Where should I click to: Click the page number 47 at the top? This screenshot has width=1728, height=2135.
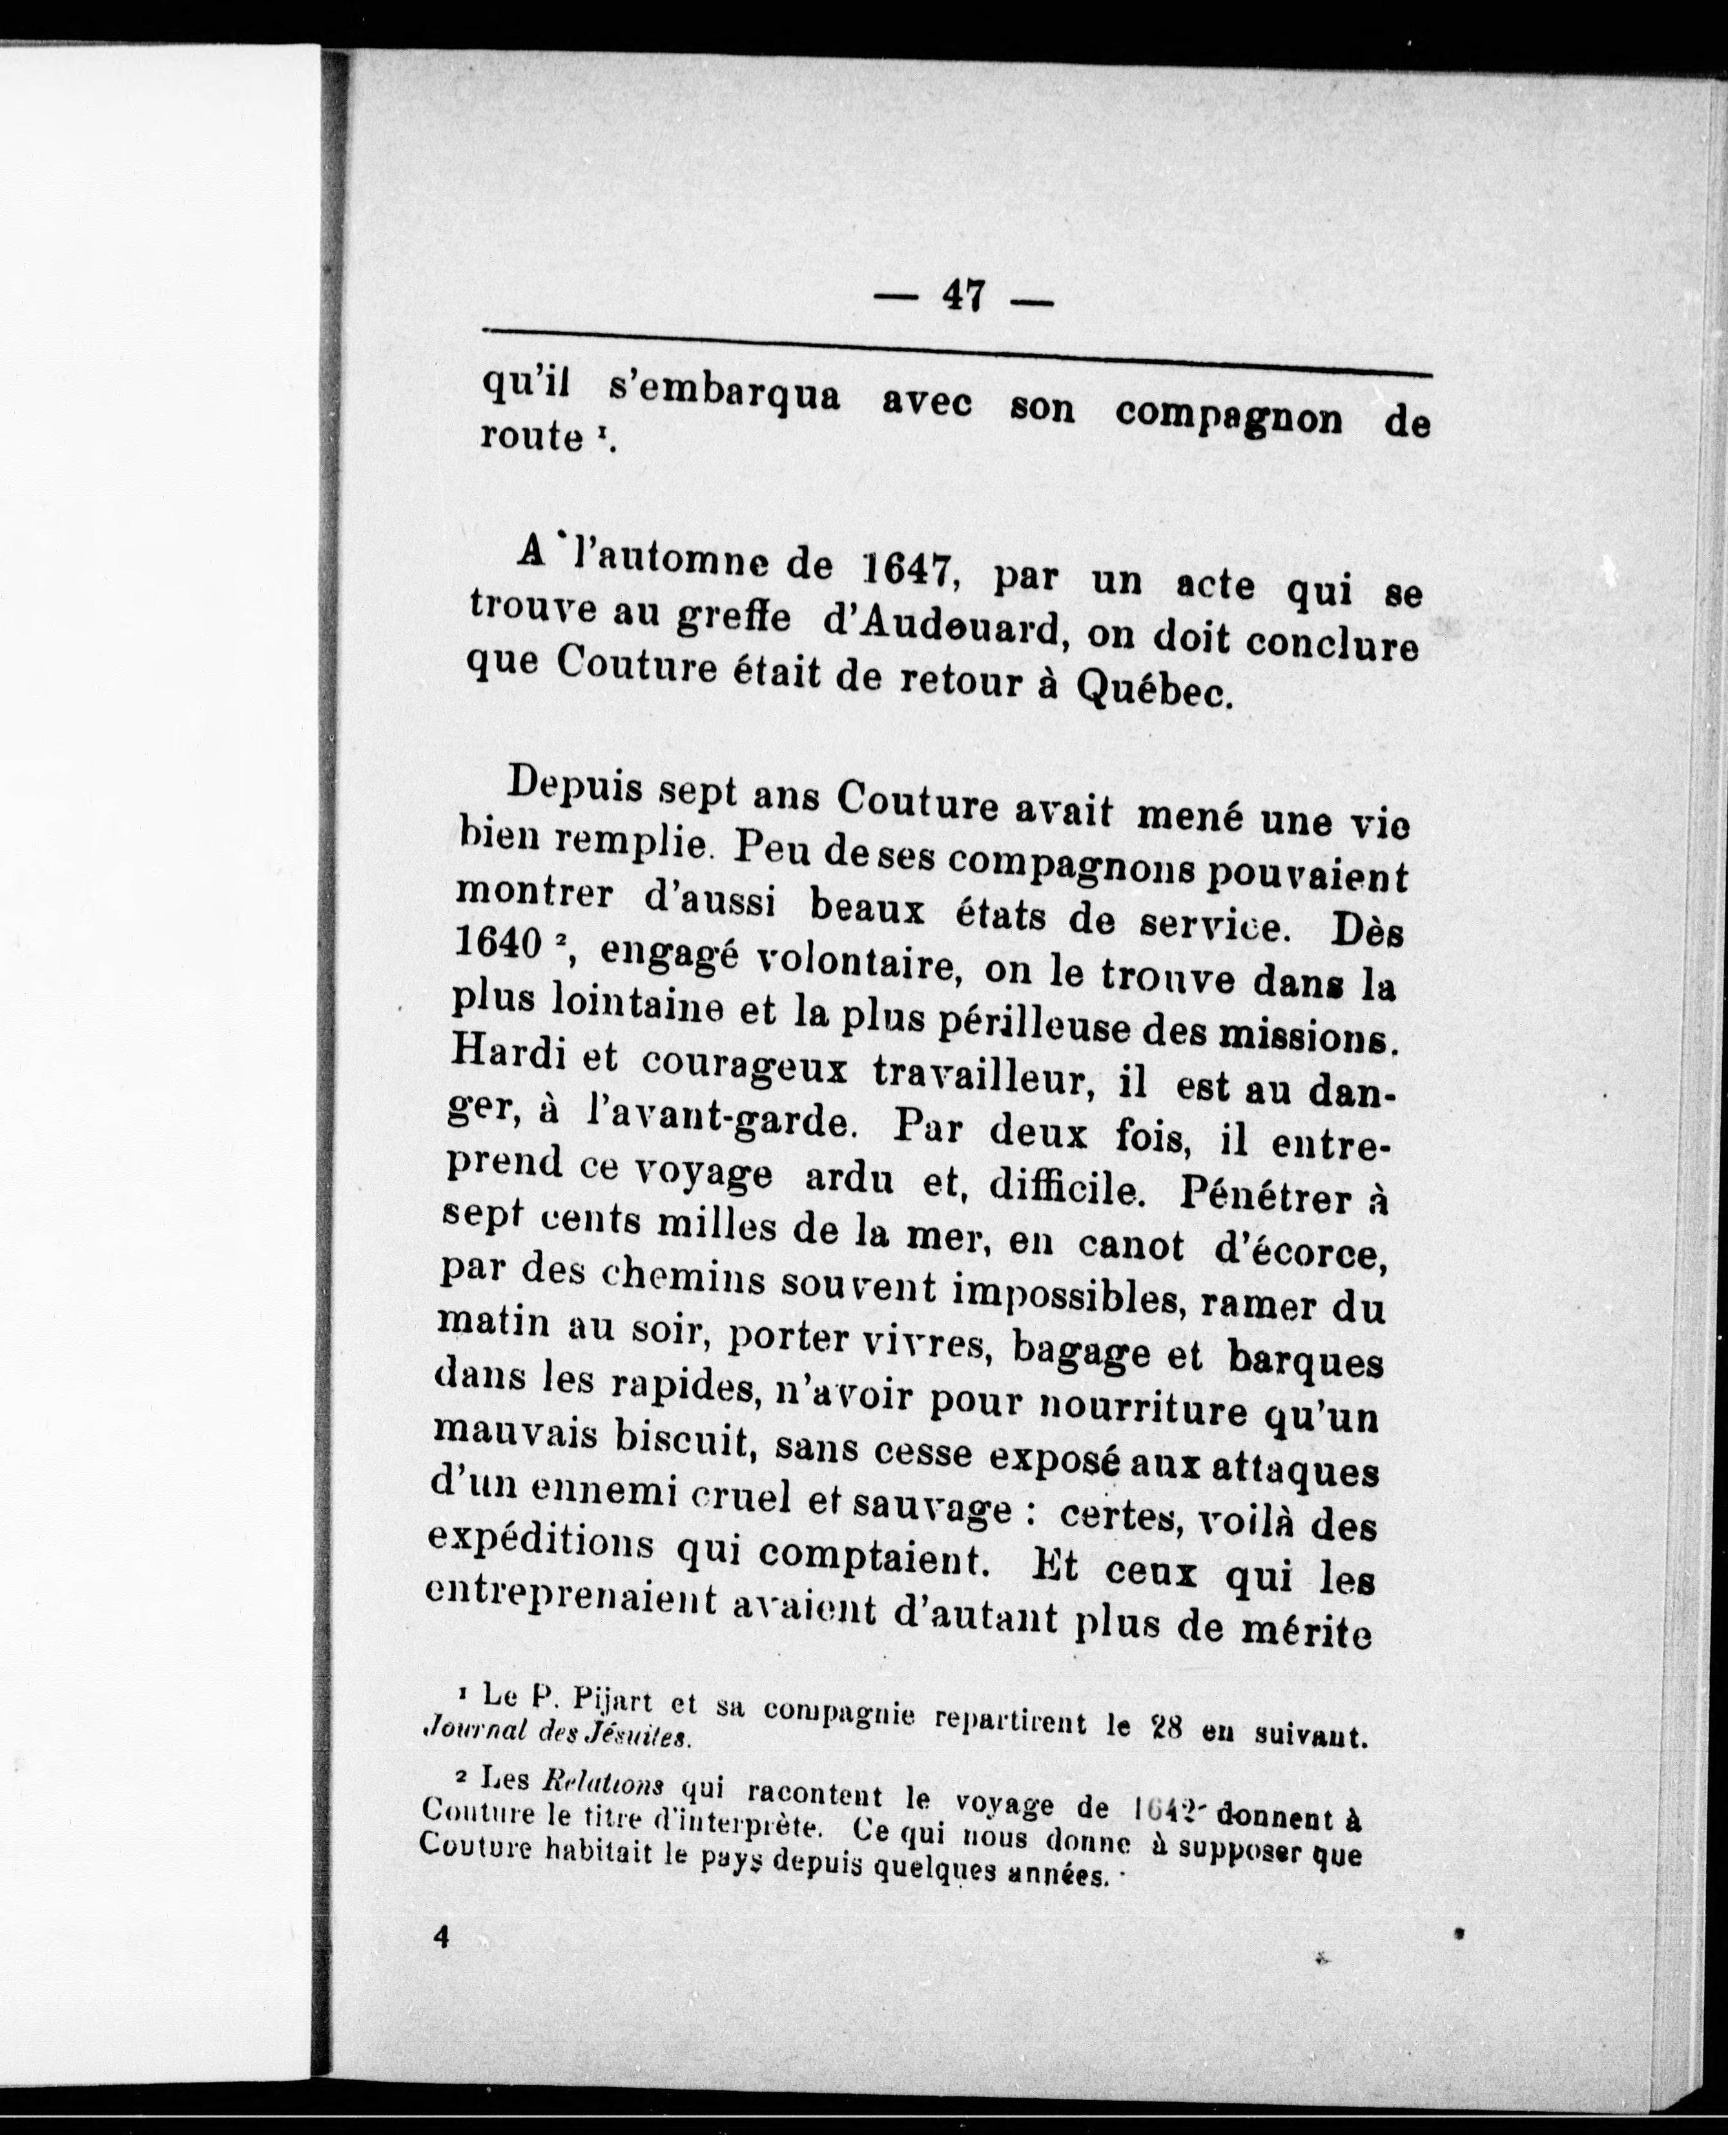click(963, 296)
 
